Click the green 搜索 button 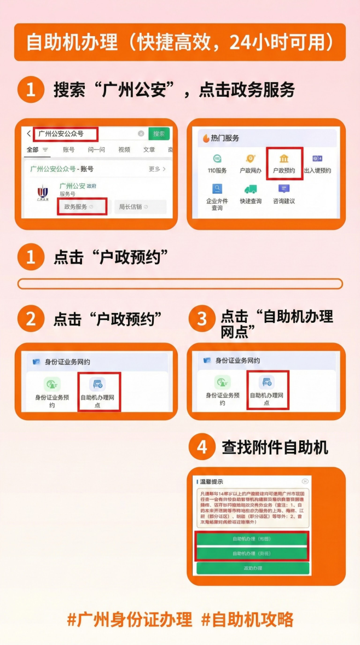coord(159,133)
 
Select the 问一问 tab coord(96,150)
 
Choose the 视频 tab coord(124,150)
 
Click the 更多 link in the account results coord(156,169)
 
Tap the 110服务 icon coord(217,162)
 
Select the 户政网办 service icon coord(251,162)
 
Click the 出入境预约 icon coord(317,162)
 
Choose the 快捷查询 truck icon coord(251,193)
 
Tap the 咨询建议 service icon coord(284,193)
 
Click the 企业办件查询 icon coord(217,196)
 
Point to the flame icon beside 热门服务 coord(206,138)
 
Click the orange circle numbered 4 coord(202,448)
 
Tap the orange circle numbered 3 coord(202,319)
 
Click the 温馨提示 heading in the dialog coord(211,481)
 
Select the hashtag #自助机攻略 coord(247,619)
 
